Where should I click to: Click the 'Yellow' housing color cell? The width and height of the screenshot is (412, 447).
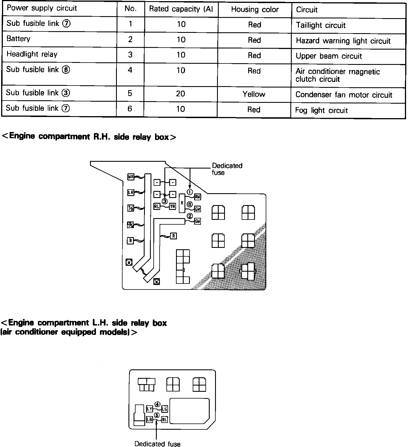click(x=254, y=94)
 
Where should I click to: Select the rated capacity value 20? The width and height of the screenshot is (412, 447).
click(x=181, y=93)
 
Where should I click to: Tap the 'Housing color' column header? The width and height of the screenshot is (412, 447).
click(x=255, y=10)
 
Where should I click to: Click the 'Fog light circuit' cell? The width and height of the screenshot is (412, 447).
click(x=321, y=110)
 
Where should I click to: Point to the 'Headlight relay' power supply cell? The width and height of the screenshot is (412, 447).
click(x=32, y=54)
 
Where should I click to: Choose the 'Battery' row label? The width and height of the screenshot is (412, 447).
click(x=18, y=39)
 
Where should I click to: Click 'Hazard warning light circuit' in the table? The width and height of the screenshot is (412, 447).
click(x=343, y=41)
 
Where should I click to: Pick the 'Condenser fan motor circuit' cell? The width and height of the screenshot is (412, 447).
click(x=344, y=95)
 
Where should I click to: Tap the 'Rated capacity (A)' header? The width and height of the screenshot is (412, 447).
click(x=181, y=9)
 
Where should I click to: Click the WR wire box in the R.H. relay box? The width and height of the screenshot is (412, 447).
click(x=131, y=177)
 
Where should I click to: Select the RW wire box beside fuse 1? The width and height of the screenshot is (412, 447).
click(x=198, y=197)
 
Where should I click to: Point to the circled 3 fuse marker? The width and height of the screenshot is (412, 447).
click(x=165, y=201)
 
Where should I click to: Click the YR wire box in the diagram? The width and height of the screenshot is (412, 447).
click(x=172, y=207)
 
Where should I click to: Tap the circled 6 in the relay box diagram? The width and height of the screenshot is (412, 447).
click(x=190, y=204)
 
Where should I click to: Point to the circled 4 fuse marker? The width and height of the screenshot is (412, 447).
click(x=157, y=404)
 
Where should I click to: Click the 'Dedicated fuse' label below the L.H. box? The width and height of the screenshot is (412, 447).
click(x=157, y=444)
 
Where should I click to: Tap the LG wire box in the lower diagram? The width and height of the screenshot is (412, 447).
click(x=165, y=409)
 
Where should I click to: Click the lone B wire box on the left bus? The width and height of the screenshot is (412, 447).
click(x=130, y=241)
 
